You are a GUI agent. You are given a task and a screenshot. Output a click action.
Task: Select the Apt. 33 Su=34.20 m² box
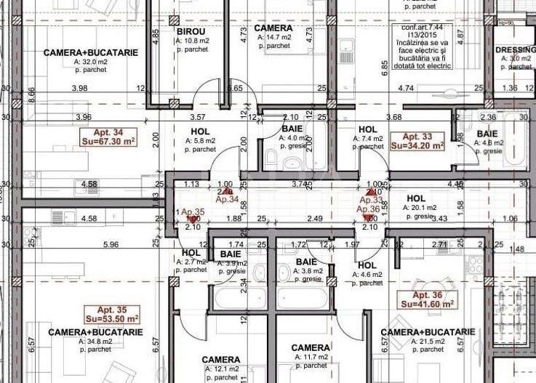pos(417,141)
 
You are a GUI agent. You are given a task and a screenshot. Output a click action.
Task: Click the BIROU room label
pos(191,33)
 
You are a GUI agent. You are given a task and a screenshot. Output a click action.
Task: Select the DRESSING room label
pos(516,50)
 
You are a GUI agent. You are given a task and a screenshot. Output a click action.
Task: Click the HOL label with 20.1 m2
pos(416,198)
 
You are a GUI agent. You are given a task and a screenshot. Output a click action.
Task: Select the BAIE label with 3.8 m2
pos(305,262)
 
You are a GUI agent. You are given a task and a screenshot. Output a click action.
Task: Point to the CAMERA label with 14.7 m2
pos(273,28)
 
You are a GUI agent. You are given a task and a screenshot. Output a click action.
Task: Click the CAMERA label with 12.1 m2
pos(221,360)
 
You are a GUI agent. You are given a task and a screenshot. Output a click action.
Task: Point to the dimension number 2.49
pos(314,219)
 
